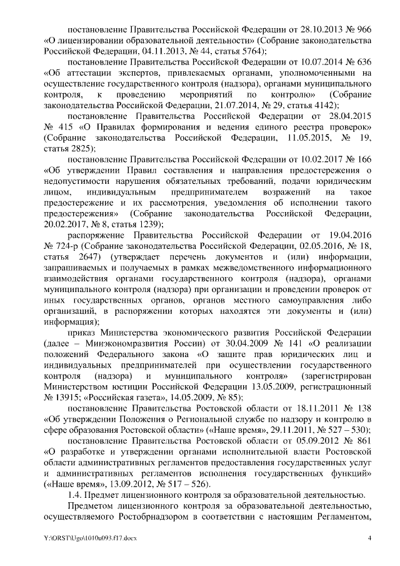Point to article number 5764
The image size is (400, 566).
pyautogui.click(x=245, y=51)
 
